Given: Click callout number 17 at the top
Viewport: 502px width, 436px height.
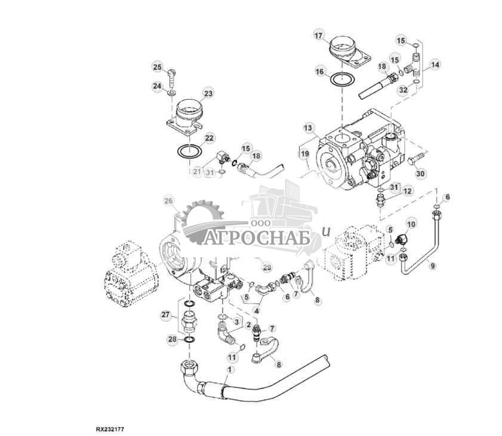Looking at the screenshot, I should click(x=320, y=35).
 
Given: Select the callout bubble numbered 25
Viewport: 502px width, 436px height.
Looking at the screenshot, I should click(x=157, y=66).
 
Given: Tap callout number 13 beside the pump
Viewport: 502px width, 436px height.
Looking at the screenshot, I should click(x=307, y=128).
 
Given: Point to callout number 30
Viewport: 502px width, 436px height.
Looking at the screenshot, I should click(x=421, y=174).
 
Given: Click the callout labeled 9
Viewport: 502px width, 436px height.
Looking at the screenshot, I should click(x=433, y=265).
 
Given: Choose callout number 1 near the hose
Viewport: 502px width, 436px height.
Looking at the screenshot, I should click(x=228, y=370).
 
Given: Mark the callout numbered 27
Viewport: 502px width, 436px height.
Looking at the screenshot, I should click(x=167, y=314).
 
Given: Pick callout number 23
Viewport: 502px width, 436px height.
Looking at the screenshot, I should click(x=208, y=94).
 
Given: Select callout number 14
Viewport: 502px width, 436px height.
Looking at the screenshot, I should click(x=436, y=64).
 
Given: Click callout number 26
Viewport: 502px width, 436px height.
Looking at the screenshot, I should click(x=167, y=201).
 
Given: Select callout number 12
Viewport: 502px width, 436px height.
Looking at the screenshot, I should click(x=408, y=191).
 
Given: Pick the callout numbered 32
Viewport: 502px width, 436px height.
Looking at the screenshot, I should click(x=403, y=89).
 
